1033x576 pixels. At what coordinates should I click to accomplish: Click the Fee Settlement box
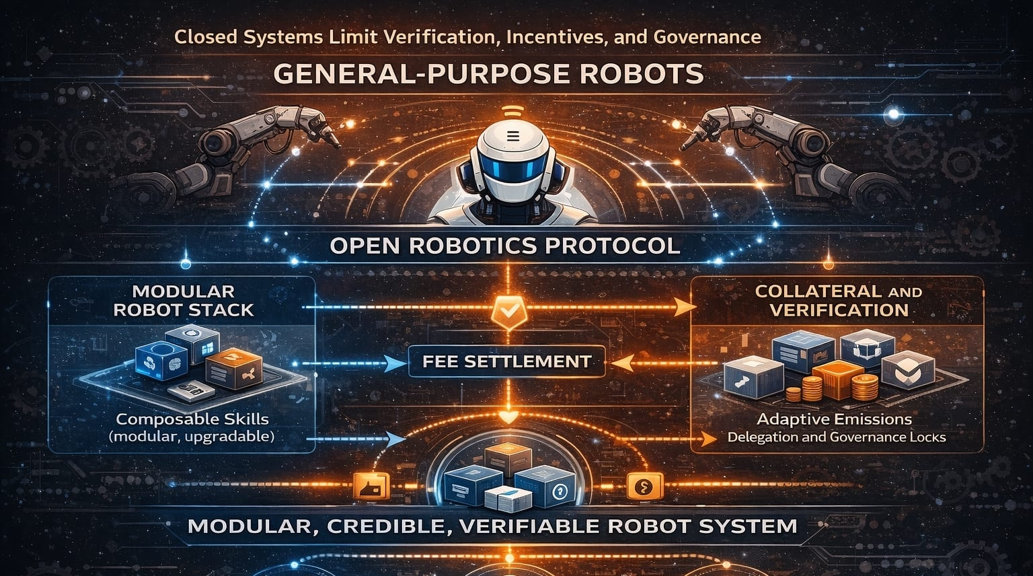coord(506,362)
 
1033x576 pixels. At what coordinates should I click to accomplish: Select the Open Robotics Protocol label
coord(505,246)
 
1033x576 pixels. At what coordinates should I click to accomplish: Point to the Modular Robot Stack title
coord(183,301)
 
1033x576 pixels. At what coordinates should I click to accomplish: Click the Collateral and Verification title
coord(838,301)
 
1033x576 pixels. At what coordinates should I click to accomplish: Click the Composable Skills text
coord(192,419)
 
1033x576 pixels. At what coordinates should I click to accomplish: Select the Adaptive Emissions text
coord(834,419)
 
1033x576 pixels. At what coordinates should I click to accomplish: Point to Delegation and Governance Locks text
coord(837,437)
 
